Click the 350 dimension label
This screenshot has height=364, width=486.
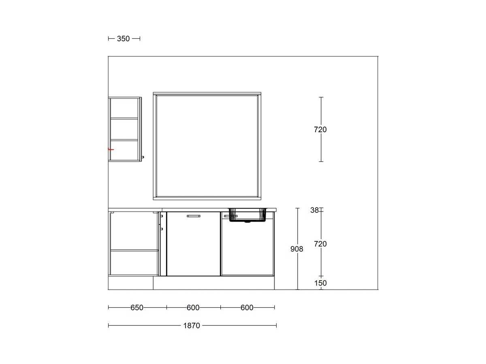[123, 39]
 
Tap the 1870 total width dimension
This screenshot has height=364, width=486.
[192, 326]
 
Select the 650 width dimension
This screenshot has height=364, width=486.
[136, 307]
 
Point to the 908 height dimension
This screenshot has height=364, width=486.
[296, 249]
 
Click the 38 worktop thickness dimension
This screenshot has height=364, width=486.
[314, 210]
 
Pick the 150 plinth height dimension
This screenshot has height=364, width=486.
[320, 283]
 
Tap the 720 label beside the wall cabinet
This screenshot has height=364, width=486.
[320, 129]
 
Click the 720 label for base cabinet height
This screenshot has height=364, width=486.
[320, 244]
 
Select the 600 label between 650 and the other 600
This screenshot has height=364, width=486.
[193, 307]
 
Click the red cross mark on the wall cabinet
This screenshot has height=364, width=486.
[111, 150]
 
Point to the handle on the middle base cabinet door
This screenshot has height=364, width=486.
[193, 216]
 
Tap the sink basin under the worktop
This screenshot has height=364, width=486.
[247, 215]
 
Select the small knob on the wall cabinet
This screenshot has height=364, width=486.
[143, 157]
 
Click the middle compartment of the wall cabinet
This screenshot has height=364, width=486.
[124, 129]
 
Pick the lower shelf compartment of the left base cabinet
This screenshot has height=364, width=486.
[134, 263]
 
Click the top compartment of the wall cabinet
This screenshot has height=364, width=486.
[124, 108]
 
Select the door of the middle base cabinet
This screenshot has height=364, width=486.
[193, 244]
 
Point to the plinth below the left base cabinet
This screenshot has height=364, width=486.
[131, 283]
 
